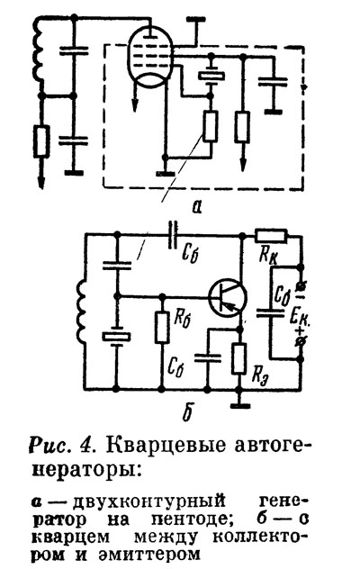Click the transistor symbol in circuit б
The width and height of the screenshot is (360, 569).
tap(228, 297)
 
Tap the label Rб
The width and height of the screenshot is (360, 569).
tap(182, 318)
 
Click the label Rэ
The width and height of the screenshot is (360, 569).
tap(260, 375)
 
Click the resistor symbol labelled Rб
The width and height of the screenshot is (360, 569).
tap(162, 327)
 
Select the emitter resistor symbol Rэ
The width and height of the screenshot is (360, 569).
tap(238, 358)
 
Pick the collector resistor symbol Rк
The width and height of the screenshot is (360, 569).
tap(271, 236)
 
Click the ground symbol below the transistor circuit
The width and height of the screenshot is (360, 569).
tap(239, 405)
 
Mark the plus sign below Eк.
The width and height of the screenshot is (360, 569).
tap(301, 331)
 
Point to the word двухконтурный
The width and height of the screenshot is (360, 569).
tap(148, 503)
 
